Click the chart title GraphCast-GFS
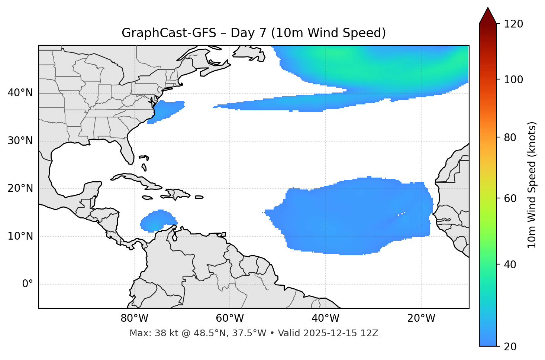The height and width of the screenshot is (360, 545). click(x=254, y=33)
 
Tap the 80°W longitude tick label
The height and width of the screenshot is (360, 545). click(x=134, y=318)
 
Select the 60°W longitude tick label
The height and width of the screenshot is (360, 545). click(x=230, y=318)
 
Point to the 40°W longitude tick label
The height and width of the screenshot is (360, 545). click(x=325, y=318)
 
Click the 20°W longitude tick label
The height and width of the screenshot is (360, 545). click(x=421, y=318)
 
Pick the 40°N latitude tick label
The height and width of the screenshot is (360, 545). click(x=20, y=93)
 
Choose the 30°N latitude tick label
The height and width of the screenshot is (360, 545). click(x=20, y=141)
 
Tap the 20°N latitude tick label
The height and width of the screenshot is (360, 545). click(x=20, y=188)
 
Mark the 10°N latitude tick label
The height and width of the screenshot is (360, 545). click(x=20, y=236)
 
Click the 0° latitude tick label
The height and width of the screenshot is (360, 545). click(x=27, y=284)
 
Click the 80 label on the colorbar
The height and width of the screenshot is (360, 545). click(x=510, y=137)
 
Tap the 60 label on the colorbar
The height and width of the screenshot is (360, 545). click(x=510, y=198)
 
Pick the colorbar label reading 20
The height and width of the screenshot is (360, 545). click(x=510, y=347)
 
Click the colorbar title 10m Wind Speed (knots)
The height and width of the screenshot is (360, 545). click(x=532, y=185)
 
